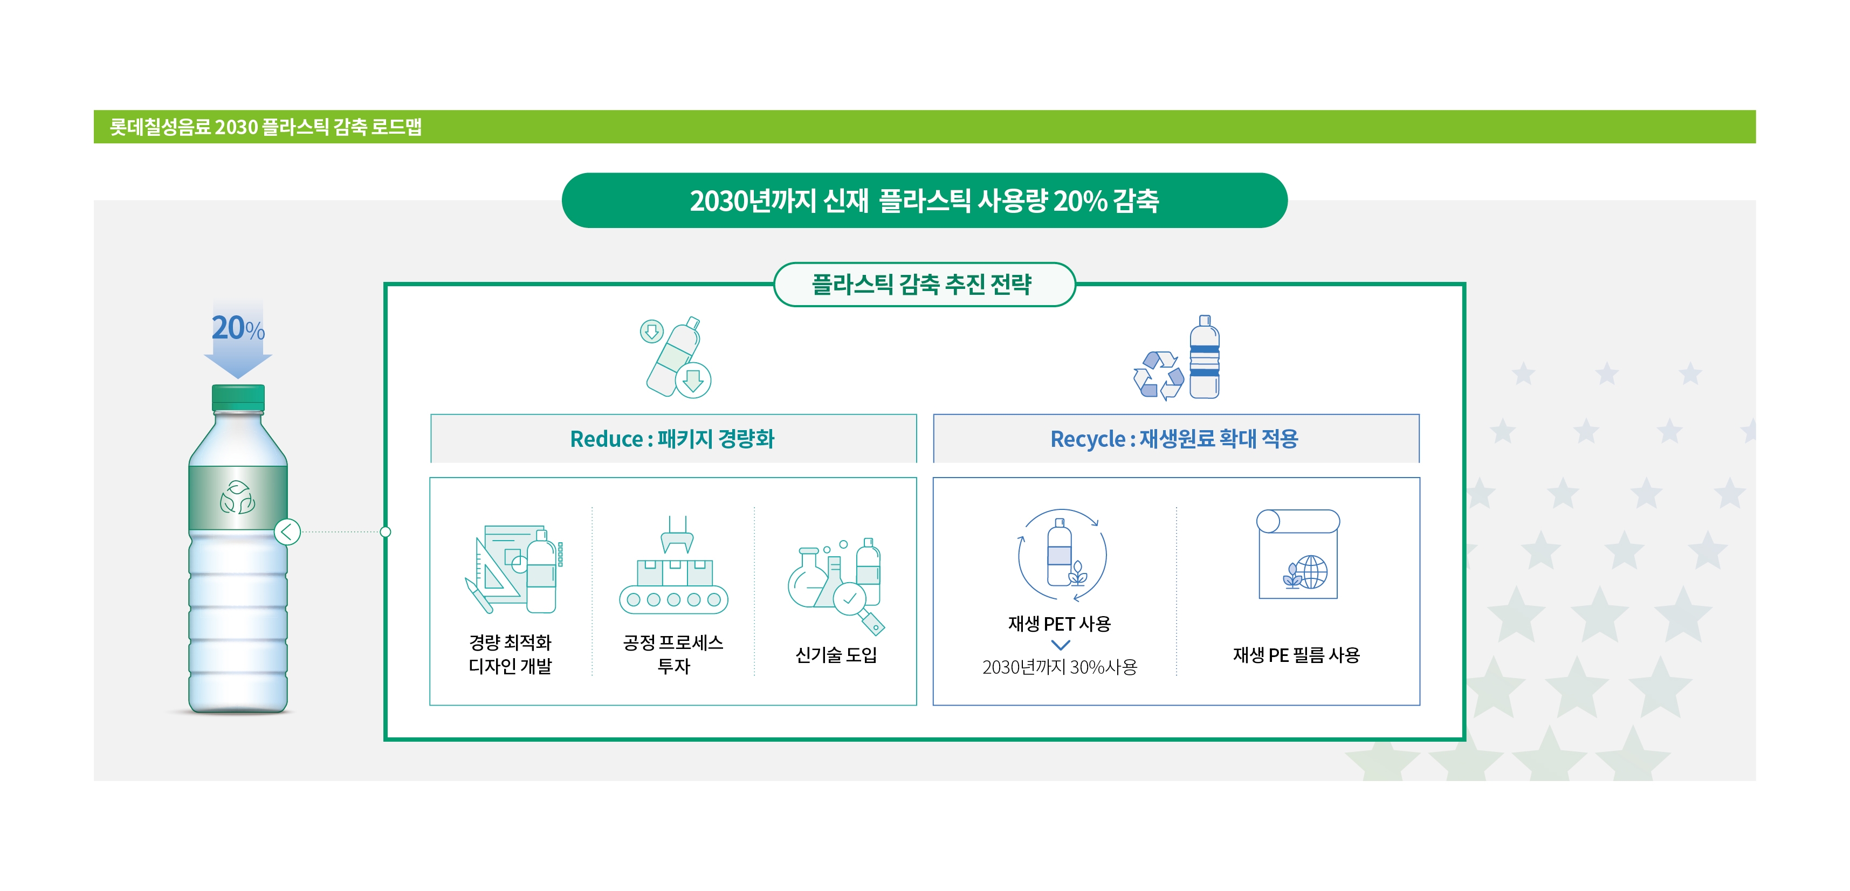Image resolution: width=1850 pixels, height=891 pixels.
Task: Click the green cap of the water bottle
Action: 238,397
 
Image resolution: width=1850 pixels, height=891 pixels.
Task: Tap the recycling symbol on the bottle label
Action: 237,497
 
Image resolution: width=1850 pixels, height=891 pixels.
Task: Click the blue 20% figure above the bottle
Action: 238,328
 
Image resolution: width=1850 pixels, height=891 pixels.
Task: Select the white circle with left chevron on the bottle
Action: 287,532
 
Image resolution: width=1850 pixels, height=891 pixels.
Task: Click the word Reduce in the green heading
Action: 606,439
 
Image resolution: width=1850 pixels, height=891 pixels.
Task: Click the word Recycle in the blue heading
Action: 1088,439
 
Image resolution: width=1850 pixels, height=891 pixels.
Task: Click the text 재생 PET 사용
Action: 1060,623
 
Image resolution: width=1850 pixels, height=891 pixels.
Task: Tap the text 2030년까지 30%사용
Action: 1060,667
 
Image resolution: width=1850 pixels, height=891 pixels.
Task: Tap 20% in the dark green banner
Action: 1079,201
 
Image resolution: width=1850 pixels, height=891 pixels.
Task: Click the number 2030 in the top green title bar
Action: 236,127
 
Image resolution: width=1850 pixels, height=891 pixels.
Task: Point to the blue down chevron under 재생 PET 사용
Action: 1060,645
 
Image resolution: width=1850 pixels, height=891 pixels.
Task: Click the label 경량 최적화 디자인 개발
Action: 510,654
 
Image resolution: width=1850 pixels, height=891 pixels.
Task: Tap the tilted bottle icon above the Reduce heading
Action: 673,357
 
